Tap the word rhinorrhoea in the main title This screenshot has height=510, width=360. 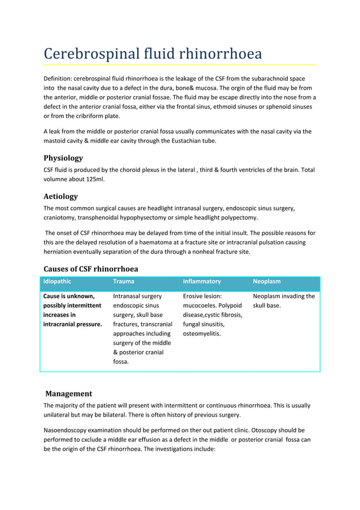[x=221, y=54]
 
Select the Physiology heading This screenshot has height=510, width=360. [x=63, y=158]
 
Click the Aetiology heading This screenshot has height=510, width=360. [x=60, y=197]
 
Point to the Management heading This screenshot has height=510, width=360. [x=68, y=393]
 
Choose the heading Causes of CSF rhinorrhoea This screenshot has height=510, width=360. [x=91, y=268]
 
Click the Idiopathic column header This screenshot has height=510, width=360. [x=58, y=281]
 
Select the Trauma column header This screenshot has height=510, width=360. [x=124, y=281]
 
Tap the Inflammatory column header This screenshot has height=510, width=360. [x=201, y=281]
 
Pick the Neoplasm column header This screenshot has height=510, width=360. [x=266, y=281]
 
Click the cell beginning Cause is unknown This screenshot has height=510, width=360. [x=73, y=310]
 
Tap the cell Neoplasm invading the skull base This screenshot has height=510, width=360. [x=284, y=300]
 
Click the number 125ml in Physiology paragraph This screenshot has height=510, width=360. [x=93, y=180]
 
